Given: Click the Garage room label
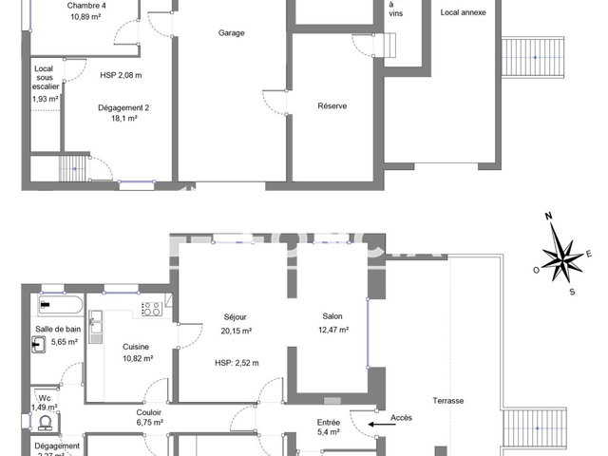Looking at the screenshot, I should point(231,32).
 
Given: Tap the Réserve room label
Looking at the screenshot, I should point(332,105).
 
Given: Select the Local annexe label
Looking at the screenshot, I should point(464,13).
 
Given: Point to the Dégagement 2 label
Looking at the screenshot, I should point(123,107).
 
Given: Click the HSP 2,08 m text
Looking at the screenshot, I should point(121,75).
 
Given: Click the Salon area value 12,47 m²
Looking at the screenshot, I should point(332,330).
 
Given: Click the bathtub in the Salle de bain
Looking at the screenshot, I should point(61,307).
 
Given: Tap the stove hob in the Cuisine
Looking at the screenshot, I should point(152,308).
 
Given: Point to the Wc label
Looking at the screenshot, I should point(44,397).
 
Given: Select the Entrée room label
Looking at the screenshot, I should point(329,422).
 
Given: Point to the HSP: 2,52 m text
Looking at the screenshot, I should point(237,362).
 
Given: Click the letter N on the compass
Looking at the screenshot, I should point(549,218).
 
